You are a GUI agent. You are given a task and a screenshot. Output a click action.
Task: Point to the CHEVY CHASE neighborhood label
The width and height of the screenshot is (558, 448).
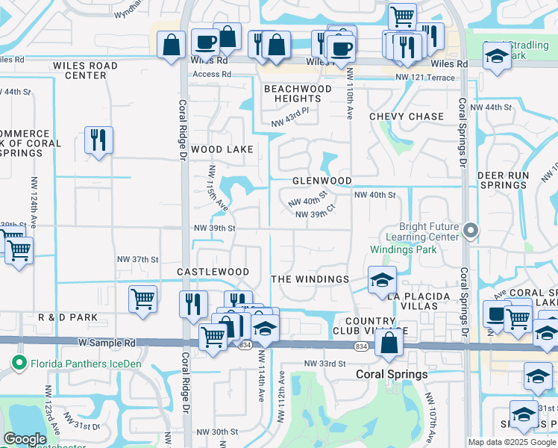407,116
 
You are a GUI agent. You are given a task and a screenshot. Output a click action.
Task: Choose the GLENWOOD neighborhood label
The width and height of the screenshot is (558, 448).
322,181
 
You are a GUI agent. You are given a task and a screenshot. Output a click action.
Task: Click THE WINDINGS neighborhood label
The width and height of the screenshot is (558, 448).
310,279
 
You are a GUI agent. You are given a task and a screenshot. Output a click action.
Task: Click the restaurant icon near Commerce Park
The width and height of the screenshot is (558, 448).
98,140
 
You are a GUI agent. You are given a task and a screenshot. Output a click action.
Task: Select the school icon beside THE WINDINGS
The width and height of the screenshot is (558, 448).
382,280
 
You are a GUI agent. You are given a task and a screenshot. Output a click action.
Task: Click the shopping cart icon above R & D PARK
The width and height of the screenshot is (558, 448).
142,299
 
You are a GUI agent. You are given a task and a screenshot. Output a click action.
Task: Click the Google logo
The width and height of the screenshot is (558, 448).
25,439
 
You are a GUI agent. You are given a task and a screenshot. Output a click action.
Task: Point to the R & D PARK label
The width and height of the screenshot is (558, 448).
68,317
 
